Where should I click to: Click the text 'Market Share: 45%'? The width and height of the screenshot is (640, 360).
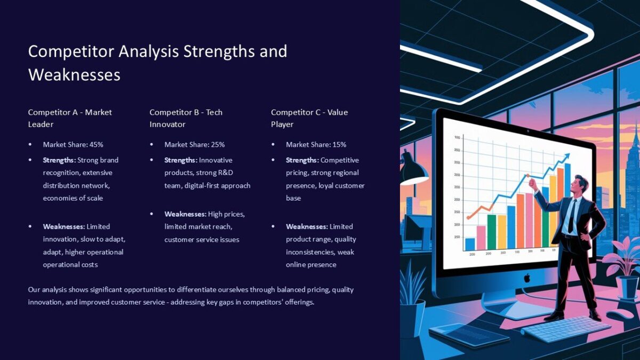73,145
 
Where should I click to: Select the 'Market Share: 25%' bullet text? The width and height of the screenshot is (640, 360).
195,145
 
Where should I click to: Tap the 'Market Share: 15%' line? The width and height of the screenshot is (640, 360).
316,145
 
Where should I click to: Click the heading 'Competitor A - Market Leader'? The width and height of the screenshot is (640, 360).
70,118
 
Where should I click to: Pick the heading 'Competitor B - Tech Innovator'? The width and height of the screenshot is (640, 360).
186,118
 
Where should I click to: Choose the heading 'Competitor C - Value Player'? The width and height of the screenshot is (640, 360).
309,118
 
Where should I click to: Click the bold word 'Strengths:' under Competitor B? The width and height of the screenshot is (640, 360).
181,160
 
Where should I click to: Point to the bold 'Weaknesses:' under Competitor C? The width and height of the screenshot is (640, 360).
307,227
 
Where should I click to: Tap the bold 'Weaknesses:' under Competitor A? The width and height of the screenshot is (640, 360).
64,227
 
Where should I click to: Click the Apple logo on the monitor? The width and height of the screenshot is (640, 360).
527,277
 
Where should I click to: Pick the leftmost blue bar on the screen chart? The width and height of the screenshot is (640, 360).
470,243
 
